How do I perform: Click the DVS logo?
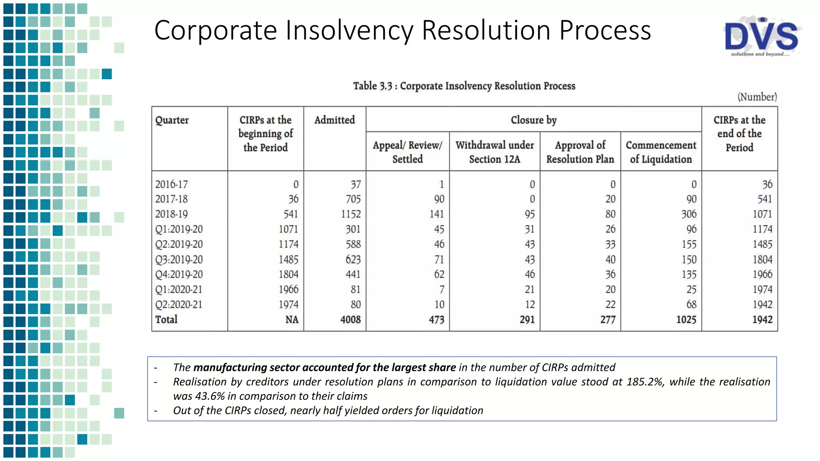(x=762, y=37)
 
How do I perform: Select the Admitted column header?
(x=334, y=120)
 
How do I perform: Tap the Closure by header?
(x=533, y=120)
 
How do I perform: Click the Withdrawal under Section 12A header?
(x=494, y=152)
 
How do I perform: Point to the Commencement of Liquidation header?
(x=661, y=152)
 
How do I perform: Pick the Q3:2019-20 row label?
(x=179, y=260)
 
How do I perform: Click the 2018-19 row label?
(x=171, y=214)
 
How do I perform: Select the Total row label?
(x=166, y=320)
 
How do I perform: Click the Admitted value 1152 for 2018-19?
(x=351, y=214)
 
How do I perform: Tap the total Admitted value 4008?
(x=350, y=320)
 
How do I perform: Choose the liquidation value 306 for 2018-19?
(x=689, y=214)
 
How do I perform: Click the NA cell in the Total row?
(x=292, y=320)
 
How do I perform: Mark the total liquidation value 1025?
(x=686, y=320)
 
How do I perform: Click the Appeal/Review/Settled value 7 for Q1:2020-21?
(x=442, y=289)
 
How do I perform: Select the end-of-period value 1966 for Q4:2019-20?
(x=762, y=275)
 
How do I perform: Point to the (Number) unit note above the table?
(x=757, y=97)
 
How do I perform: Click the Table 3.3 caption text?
(x=464, y=86)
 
